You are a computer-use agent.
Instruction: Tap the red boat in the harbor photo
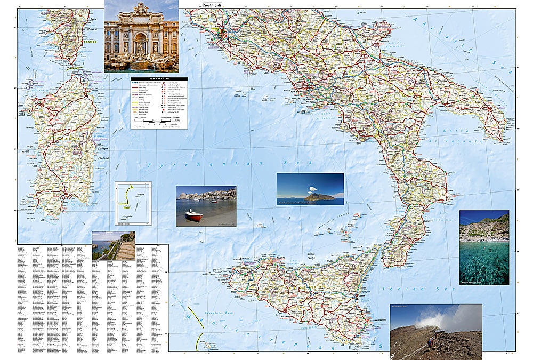pos(193,216)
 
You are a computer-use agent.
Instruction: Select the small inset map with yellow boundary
pos(133,203)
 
